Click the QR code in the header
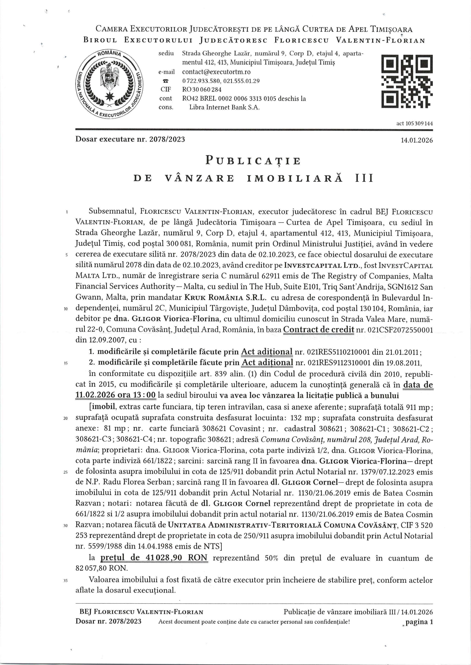(x=407, y=81)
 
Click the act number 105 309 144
(x=414, y=123)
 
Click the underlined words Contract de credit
(x=319, y=329)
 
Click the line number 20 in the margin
(x=66, y=418)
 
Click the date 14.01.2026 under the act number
(x=417, y=140)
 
